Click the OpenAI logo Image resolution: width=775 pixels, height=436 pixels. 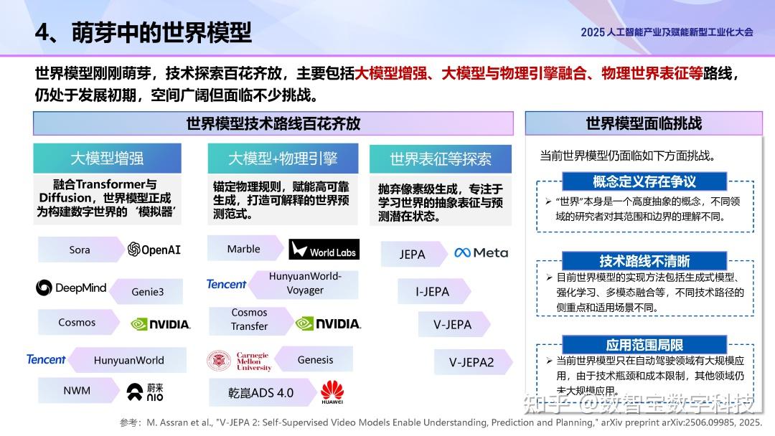pos(154,250)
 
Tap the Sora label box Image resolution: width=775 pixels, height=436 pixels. pos(80,250)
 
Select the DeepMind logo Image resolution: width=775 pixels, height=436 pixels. pos(71,288)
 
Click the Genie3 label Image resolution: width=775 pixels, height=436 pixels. pos(147,292)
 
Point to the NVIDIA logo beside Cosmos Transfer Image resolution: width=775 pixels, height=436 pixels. pos(328,323)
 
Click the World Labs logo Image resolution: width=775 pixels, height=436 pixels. pos(324,250)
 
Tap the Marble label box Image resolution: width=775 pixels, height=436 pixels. pos(244,249)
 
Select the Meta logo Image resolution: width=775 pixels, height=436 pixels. pos(481,252)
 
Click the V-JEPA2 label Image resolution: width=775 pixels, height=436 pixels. pos(471,362)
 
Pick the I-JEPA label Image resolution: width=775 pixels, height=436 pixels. pos(433,292)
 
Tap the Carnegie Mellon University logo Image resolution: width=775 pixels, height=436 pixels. pos(239,361)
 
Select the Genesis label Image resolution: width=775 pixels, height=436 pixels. pos(315,360)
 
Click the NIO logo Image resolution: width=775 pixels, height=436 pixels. pos(145,392)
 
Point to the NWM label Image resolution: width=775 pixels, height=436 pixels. pos(77,392)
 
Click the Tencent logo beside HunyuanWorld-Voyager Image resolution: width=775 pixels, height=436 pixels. pos(227,284)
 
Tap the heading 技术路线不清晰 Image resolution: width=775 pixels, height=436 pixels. pos(644,261)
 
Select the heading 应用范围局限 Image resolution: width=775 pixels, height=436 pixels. pos(644,346)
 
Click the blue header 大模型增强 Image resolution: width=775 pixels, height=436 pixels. pos(107,158)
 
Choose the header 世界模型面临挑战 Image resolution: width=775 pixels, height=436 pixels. pos(644,123)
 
